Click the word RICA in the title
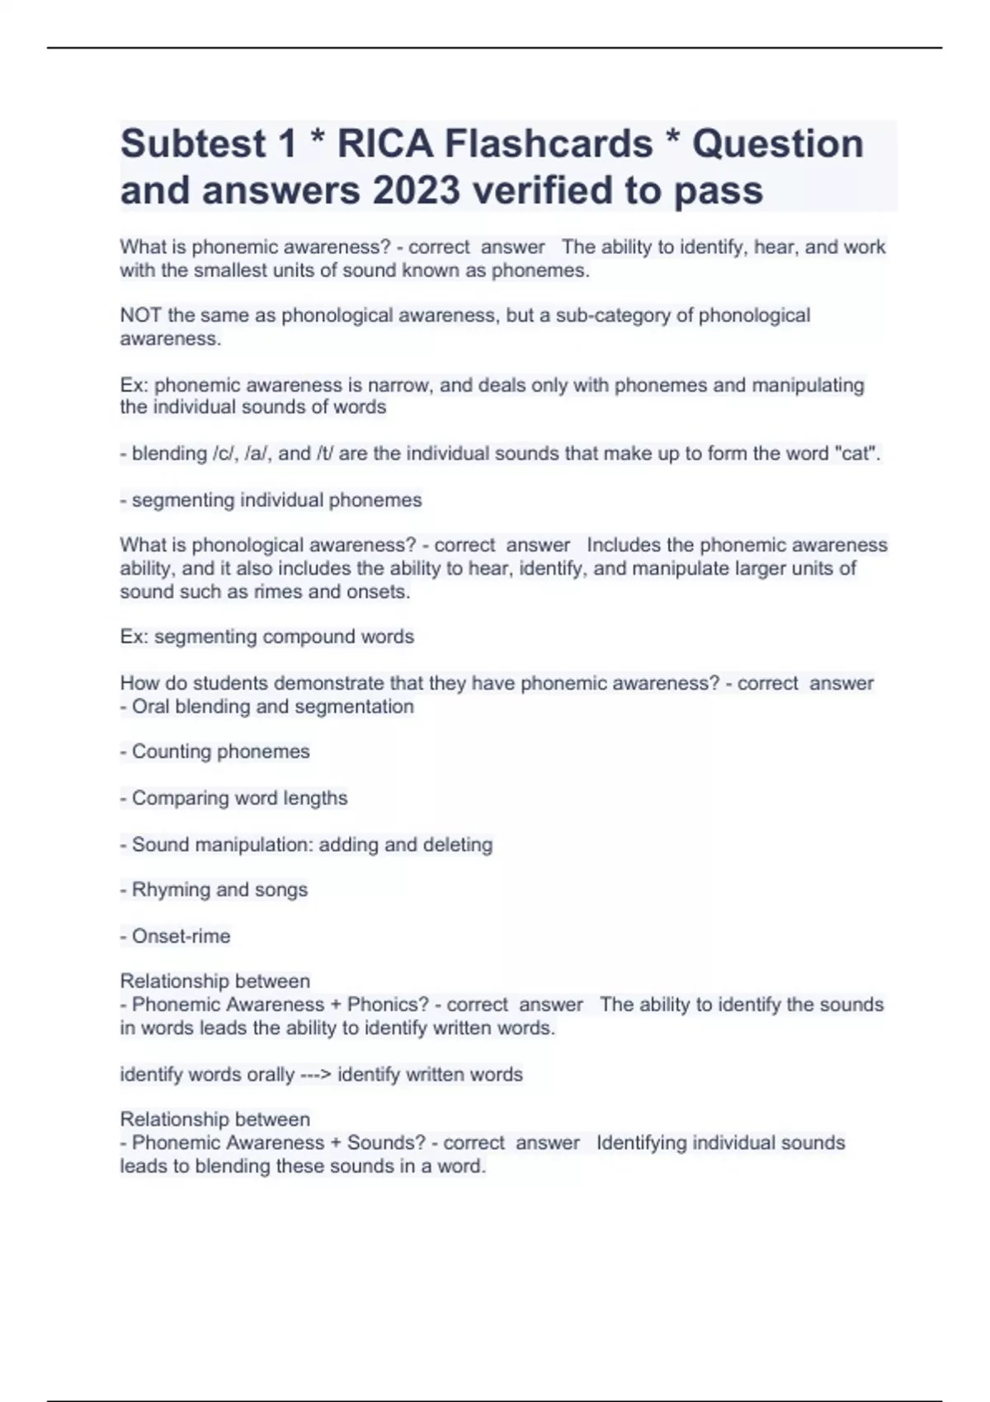384,143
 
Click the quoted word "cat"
857,454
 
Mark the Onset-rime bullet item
181,936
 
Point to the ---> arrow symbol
316,1075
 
